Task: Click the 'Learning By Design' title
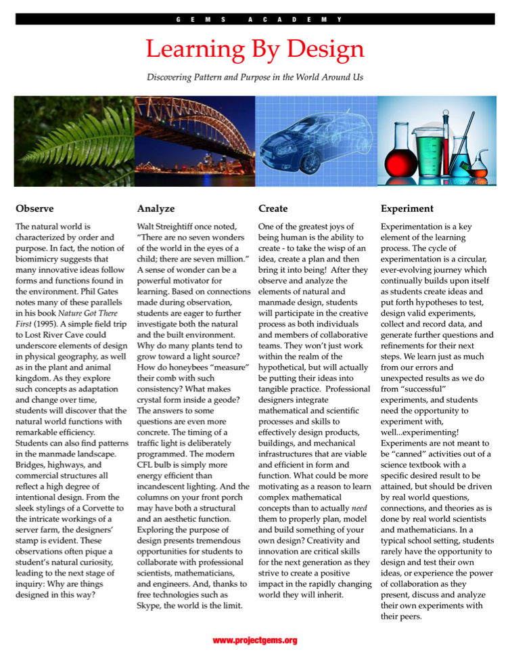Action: pyautogui.click(x=254, y=49)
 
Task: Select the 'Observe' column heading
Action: pyautogui.click(x=34, y=208)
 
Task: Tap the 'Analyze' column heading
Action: pyautogui.click(x=156, y=208)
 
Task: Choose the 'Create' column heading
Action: pyautogui.click(x=273, y=208)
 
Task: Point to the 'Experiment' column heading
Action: pyautogui.click(x=407, y=208)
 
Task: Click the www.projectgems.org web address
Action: pyautogui.click(x=254, y=640)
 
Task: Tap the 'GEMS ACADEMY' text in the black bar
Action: pyautogui.click(x=254, y=19)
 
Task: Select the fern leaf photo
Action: pyautogui.click(x=74, y=141)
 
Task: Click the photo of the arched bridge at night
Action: pyautogui.click(x=195, y=141)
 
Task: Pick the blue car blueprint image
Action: pyautogui.click(x=316, y=141)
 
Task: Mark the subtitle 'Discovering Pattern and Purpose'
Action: pyautogui.click(x=254, y=77)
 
